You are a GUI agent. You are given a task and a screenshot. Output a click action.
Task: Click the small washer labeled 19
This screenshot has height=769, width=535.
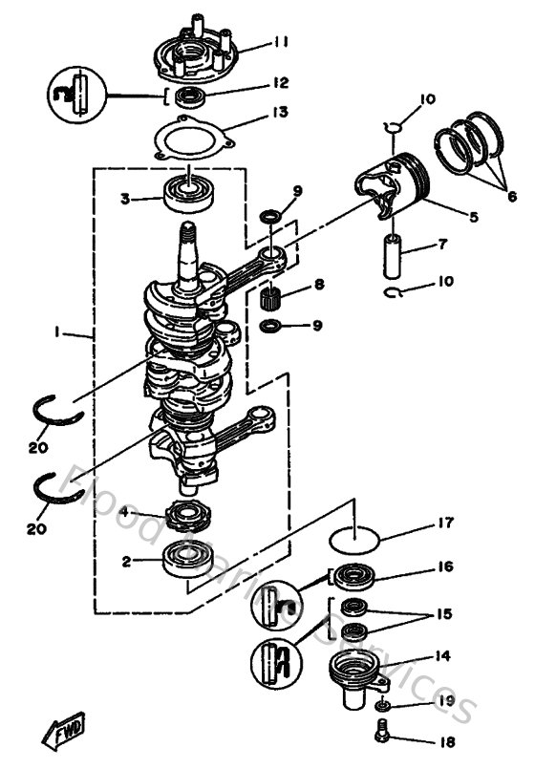point(382,705)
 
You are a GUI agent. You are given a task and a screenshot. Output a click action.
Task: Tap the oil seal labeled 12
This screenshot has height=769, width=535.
point(188,96)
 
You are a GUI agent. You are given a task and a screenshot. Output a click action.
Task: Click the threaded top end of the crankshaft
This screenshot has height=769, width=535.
point(189,232)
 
